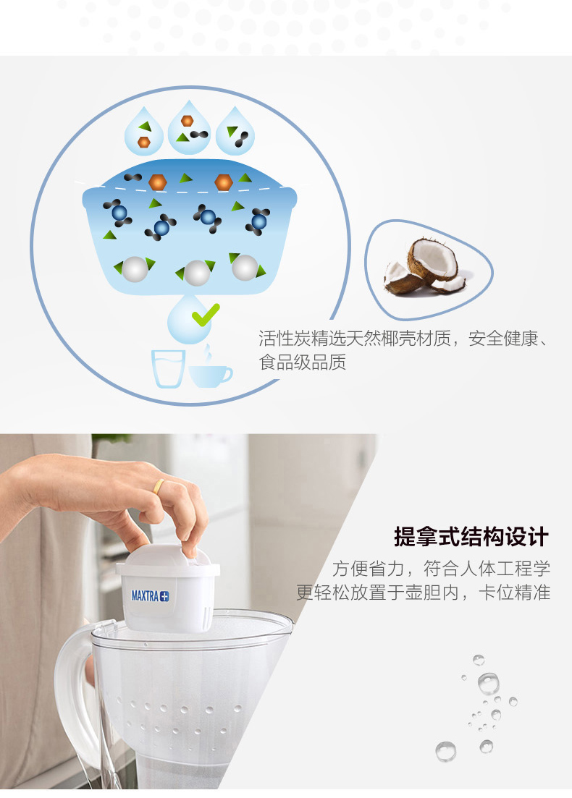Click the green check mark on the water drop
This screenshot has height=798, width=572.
[x=205, y=315]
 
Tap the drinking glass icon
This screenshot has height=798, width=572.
[x=168, y=368]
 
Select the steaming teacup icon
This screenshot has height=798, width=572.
[x=210, y=370]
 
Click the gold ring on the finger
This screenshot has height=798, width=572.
[x=159, y=486]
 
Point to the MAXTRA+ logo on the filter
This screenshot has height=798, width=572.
[x=151, y=595]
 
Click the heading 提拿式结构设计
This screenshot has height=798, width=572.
[x=471, y=537]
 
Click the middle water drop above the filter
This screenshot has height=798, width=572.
[x=189, y=128]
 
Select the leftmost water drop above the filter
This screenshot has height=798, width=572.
[x=144, y=131]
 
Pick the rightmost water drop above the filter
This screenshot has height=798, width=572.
[x=235, y=131]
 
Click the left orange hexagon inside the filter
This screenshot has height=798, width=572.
[x=158, y=182]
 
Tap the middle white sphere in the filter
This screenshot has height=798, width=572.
[x=197, y=273]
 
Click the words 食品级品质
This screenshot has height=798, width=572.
[x=303, y=362]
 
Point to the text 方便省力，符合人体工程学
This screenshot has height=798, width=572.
[x=441, y=569]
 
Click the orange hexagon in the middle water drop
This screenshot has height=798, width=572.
[x=188, y=121]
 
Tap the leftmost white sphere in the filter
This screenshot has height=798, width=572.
[x=135, y=269]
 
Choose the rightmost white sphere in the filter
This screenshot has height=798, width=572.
[x=245, y=267]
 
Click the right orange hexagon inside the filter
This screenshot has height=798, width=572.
[x=224, y=182]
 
